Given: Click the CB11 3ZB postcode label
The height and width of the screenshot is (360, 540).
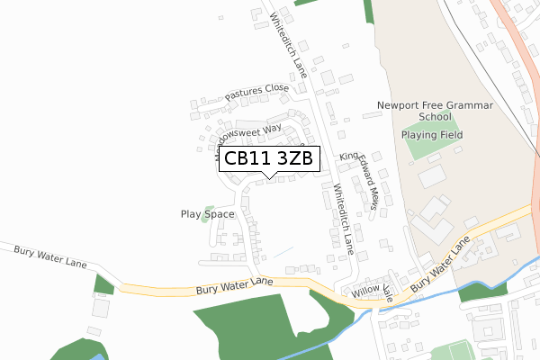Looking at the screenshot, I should tap(268, 158).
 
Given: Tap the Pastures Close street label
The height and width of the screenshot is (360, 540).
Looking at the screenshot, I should tap(256, 91).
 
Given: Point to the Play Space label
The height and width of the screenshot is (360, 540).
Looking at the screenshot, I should tap(207, 214).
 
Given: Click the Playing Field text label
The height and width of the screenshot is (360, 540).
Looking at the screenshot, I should tap(431, 135).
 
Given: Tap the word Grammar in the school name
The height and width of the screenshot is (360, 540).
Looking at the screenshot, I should tap(471, 105).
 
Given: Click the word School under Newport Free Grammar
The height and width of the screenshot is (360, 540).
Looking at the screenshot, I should tap(435, 117).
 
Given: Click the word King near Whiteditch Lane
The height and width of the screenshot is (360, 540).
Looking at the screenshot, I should tap(348, 157).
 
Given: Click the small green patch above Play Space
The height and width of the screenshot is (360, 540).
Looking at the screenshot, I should tap(209, 208).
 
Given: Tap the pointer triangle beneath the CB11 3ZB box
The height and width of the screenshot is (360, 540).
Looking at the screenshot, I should tap(268, 176).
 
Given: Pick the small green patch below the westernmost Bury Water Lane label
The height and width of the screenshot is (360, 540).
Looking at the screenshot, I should tap(103, 284).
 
